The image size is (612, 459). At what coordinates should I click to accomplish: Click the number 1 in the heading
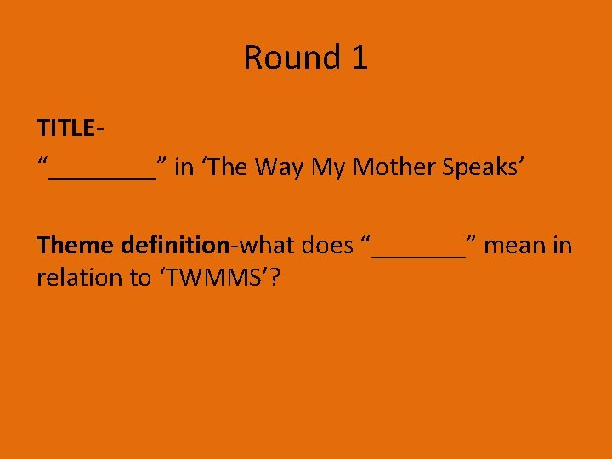tap(358, 58)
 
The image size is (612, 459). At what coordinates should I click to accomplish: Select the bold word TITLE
tap(65, 128)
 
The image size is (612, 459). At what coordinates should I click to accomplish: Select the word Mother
tap(394, 167)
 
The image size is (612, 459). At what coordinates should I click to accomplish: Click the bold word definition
tap(175, 246)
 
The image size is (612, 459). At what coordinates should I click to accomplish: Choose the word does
tap(327, 246)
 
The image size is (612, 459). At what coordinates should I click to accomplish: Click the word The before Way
tap(226, 167)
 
